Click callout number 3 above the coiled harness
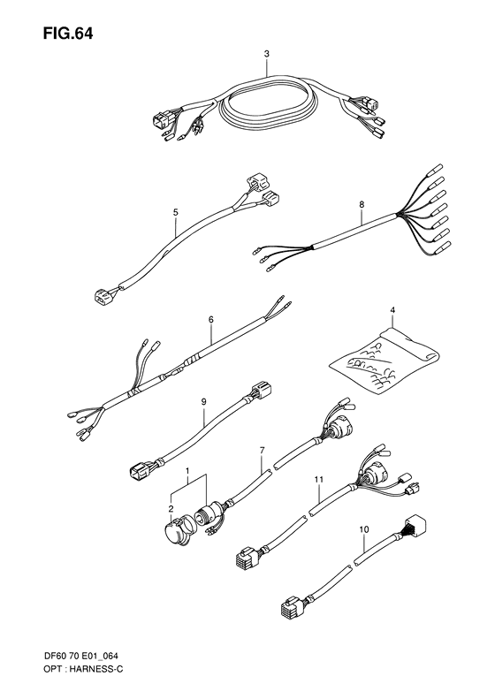pos(267,54)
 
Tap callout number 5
pos(176,212)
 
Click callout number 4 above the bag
pos(392,309)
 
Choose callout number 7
pos(262,451)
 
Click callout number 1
pos(187,475)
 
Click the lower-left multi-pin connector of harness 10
pos(293,612)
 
